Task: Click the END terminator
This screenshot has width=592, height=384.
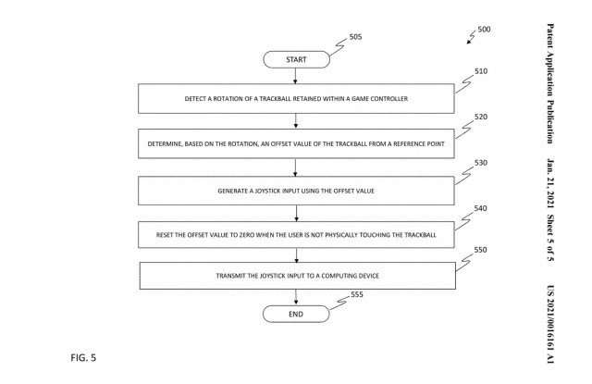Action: tap(296, 315)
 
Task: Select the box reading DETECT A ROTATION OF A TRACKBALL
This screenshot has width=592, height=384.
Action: tap(296, 97)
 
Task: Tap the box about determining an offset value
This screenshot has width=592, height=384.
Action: tap(296, 144)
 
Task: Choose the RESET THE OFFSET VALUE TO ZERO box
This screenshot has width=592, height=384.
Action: tap(296, 234)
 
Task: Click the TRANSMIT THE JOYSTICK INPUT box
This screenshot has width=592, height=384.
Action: tap(296, 276)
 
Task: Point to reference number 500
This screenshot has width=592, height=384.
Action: tap(485, 30)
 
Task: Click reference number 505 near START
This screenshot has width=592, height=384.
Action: tap(356, 37)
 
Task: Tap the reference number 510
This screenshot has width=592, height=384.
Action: tap(480, 71)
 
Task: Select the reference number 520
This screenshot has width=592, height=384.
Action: tap(480, 118)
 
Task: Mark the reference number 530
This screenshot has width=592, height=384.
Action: tap(480, 163)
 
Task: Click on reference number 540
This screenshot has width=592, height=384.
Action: tap(480, 209)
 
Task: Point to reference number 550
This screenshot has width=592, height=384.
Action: tap(480, 250)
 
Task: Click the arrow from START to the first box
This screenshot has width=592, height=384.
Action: tap(296, 75)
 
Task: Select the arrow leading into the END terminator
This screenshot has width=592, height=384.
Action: tap(296, 297)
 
